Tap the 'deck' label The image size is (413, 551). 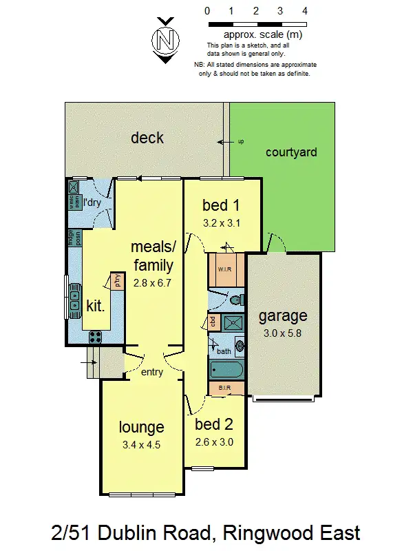(x=147, y=138)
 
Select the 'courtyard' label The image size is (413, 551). (x=291, y=152)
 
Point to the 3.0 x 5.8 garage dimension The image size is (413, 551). (x=283, y=333)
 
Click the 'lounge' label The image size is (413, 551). (x=140, y=427)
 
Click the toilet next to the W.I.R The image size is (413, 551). (x=236, y=299)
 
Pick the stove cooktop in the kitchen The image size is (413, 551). (x=95, y=337)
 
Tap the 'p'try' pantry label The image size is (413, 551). (x=118, y=281)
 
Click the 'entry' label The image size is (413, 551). (x=151, y=373)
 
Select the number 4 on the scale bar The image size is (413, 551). (x=304, y=12)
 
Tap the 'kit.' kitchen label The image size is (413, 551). (x=95, y=304)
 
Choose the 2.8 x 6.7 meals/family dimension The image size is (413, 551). (x=151, y=282)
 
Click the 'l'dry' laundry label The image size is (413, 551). (x=92, y=203)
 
